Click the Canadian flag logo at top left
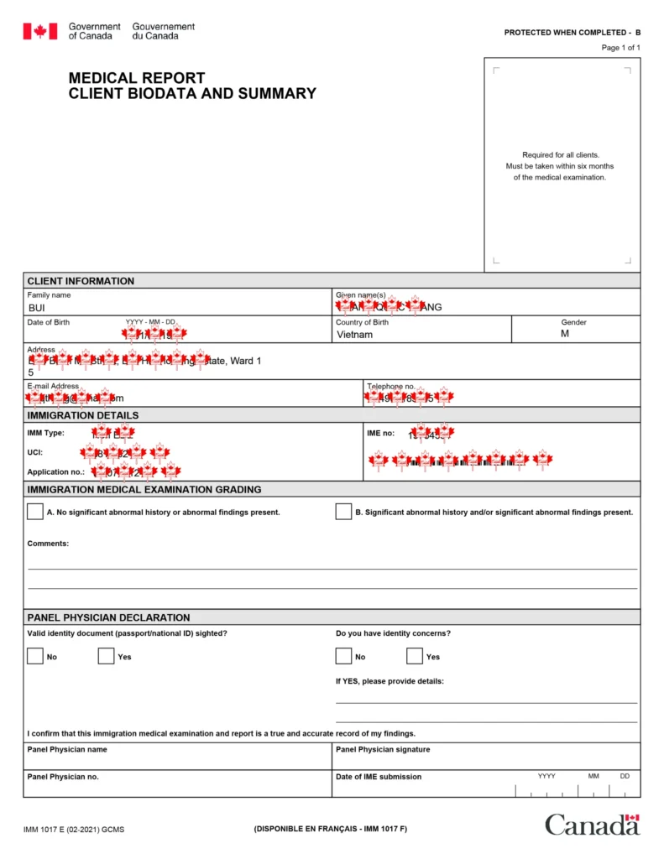tap(39, 32)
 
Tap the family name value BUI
tap(37, 308)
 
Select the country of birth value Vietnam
tap(354, 335)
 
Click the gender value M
tap(565, 334)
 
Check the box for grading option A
tap(35, 512)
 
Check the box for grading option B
tap(343, 512)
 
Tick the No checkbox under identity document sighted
tap(35, 656)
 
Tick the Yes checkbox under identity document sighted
tap(106, 656)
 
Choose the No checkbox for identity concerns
tap(343, 656)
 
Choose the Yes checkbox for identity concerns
tap(415, 656)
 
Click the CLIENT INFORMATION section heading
tap(81, 281)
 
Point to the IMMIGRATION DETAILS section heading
tap(83, 415)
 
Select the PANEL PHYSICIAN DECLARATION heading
tap(109, 617)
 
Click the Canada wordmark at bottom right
tap(592, 825)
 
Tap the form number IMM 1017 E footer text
tap(74, 830)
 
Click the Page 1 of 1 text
tap(620, 48)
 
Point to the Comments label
tap(48, 544)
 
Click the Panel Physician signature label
tap(383, 749)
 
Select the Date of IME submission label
tap(379, 777)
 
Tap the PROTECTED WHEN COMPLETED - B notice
tap(572, 33)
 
